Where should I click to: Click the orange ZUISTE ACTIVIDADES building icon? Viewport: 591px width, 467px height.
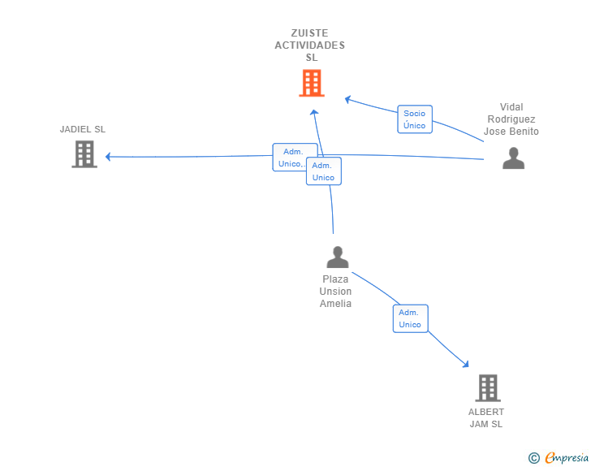tap(312, 83)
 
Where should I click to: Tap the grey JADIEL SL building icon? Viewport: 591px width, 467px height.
tap(84, 154)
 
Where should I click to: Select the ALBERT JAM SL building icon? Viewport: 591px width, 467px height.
tap(488, 387)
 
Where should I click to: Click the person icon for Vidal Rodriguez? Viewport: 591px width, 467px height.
tap(513, 158)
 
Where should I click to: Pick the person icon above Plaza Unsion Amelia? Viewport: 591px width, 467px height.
tap(338, 257)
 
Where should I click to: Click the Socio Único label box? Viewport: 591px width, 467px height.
tap(415, 119)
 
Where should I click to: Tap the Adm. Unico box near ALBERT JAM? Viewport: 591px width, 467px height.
tap(410, 318)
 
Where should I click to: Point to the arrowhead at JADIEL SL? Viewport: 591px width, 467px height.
tap(108, 157)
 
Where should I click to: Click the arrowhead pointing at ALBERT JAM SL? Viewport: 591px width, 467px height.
tap(466, 364)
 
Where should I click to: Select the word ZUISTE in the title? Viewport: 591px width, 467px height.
tap(309, 33)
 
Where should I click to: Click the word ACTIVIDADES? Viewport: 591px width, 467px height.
tap(309, 45)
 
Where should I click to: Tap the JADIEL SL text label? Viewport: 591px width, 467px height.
tap(83, 129)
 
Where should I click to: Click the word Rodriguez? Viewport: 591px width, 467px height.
tap(511, 119)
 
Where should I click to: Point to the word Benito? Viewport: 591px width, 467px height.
tap(527, 132)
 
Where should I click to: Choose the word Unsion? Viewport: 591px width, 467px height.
tap(335, 292)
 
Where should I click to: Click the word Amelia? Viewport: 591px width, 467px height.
tap(335, 303)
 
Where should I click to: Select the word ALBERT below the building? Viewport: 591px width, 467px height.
tap(485, 412)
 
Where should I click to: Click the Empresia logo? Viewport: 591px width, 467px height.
tap(566, 457)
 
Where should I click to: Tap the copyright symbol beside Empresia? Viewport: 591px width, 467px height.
tap(533, 458)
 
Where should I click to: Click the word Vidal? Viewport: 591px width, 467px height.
tap(511, 107)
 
